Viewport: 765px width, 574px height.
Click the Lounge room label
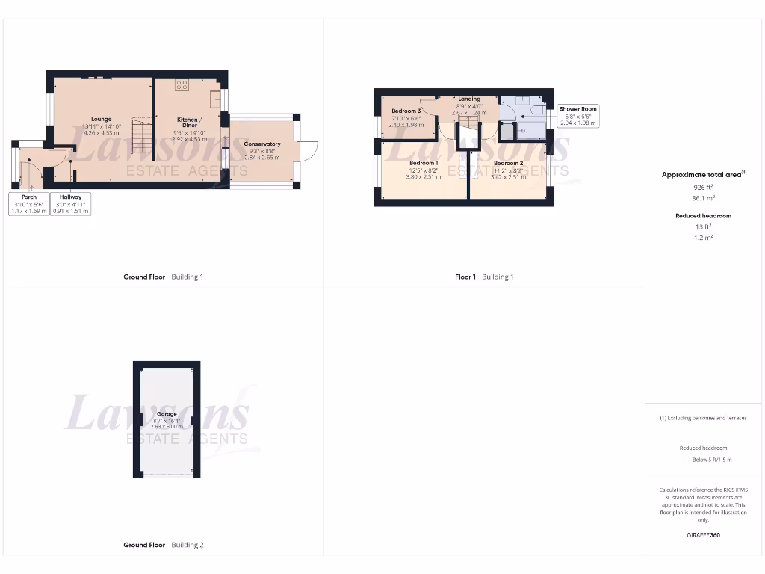[101, 119]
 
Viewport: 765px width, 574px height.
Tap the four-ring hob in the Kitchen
[182, 84]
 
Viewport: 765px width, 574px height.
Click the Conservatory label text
[261, 144]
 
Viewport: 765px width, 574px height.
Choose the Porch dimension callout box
[28, 204]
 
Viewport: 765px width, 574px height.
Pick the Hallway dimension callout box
[71, 204]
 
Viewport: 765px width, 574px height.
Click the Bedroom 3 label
[406, 111]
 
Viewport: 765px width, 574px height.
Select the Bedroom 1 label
[423, 163]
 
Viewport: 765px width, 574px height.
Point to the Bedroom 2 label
[507, 163]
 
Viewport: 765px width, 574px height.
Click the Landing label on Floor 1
[469, 99]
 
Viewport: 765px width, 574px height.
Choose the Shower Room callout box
[578, 116]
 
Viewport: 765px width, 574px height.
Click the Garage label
[167, 414]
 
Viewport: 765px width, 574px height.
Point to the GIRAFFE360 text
[704, 535]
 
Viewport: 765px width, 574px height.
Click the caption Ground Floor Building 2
[163, 545]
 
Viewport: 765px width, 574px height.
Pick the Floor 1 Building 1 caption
[484, 277]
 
